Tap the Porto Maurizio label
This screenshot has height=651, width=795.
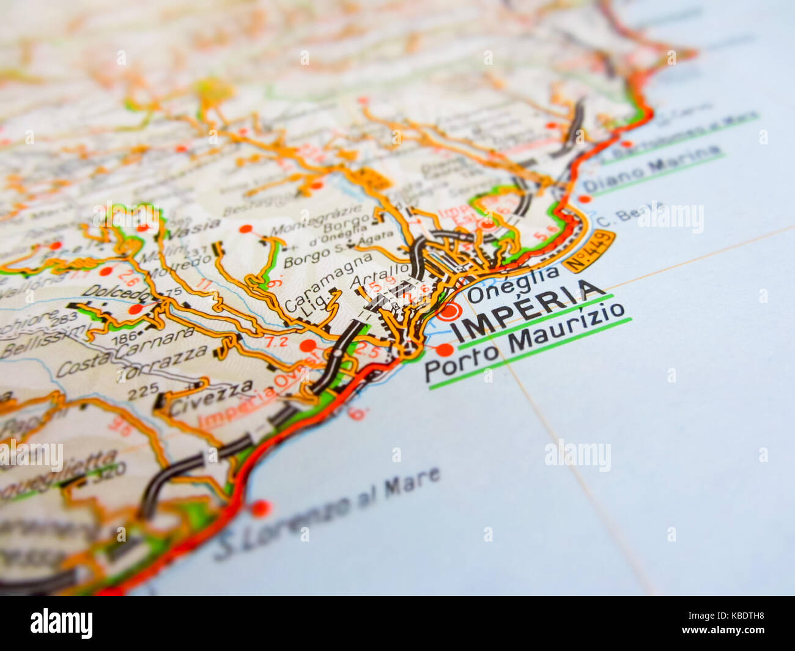click(526, 348)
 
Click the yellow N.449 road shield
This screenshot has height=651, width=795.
click(588, 251)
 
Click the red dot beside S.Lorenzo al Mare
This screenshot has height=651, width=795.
click(261, 507)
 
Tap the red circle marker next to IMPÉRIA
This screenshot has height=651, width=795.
click(449, 311)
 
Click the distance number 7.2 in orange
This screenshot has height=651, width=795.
click(276, 342)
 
